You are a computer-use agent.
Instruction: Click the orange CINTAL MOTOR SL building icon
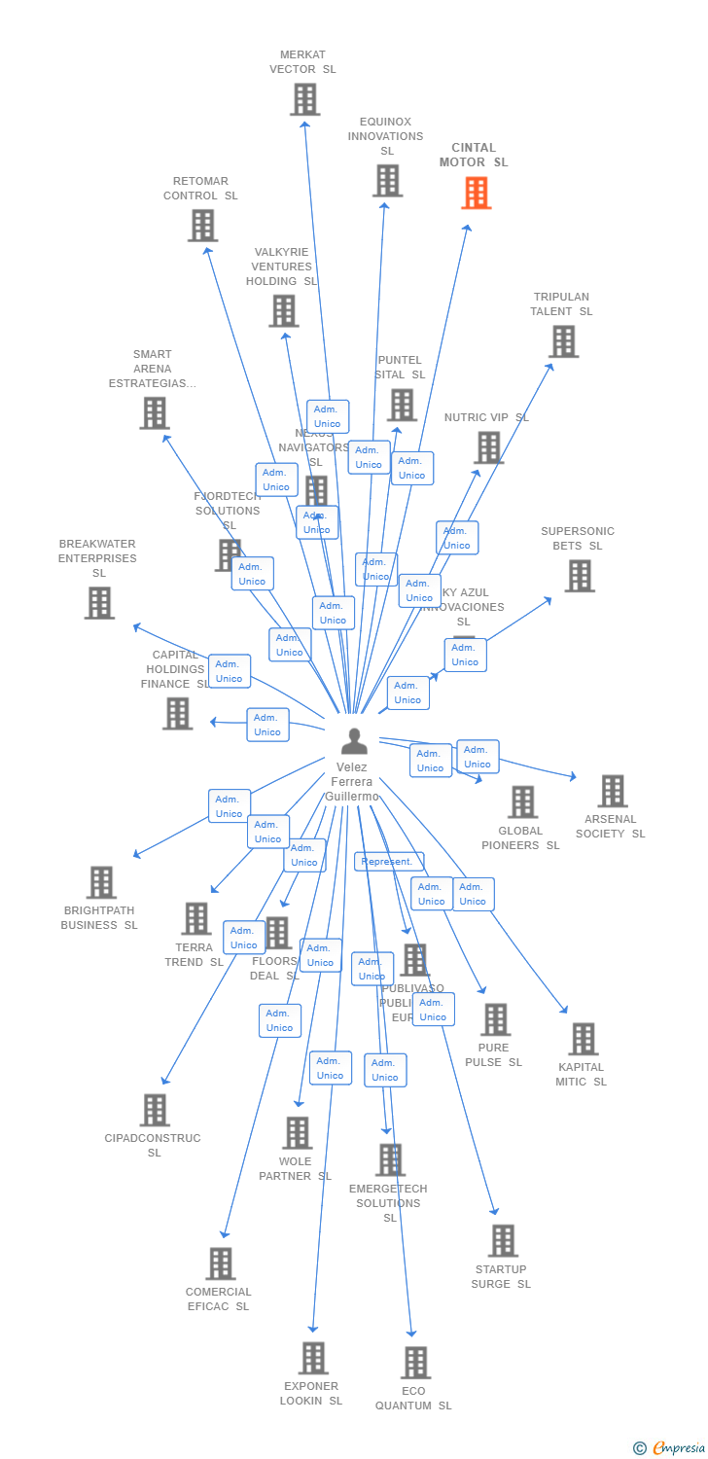[476, 193]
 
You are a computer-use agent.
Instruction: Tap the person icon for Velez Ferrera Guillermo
[354, 741]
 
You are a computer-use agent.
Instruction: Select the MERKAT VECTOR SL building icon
[304, 99]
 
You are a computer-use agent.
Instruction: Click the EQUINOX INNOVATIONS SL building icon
[387, 181]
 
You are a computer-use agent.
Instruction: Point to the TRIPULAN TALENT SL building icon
[563, 341]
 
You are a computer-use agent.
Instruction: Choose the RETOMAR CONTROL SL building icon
[202, 226]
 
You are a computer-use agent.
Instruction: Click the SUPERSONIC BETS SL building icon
[579, 576]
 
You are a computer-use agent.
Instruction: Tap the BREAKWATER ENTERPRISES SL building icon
[99, 603]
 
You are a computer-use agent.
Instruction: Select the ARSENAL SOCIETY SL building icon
[612, 791]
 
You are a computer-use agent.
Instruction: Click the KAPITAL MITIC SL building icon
[583, 1039]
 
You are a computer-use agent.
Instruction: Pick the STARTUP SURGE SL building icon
[503, 1240]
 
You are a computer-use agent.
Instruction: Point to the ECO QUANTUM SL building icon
[415, 1363]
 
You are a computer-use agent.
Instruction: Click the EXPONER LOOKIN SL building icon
[312, 1358]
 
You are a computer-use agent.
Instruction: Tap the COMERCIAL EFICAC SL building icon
[220, 1263]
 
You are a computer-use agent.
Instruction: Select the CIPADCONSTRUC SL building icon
[155, 1110]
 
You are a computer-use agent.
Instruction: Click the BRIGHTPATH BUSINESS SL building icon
[101, 882]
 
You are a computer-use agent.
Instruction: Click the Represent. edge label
[388, 862]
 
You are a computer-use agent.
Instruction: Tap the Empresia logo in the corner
[671, 1448]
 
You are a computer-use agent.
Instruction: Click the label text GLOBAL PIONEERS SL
[520, 838]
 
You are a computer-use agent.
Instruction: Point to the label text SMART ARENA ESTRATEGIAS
[153, 369]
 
